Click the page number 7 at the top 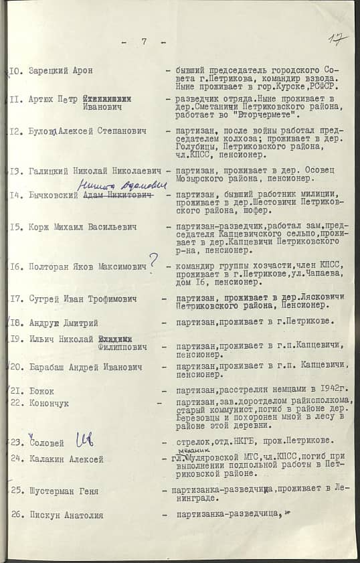pos(144,42)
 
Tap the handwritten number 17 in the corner pos(338,39)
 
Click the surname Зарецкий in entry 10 pos(49,71)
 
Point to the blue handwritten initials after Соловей pos(84,440)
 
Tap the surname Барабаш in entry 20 pos(49,367)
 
